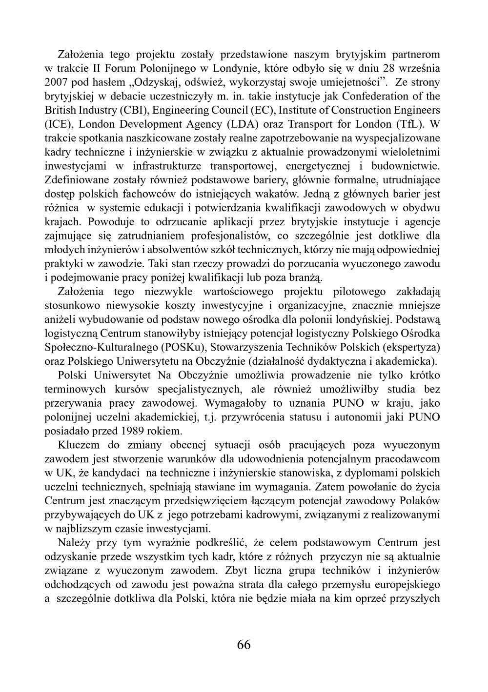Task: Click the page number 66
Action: [x=244, y=645]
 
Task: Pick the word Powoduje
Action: [x=110, y=222]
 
